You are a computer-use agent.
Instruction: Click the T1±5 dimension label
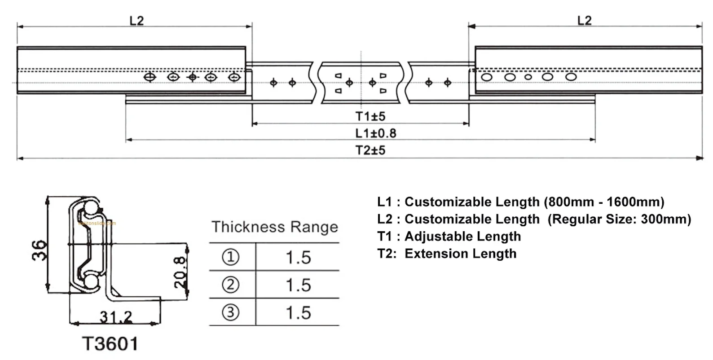[x=370, y=116]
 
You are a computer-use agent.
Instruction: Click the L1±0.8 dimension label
[x=376, y=133]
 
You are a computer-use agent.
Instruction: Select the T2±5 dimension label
[x=370, y=150]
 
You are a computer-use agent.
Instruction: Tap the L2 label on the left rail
[x=136, y=21]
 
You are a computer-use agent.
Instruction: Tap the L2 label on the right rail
[x=584, y=21]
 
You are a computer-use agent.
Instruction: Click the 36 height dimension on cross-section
[x=40, y=250]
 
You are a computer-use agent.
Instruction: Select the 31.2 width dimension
[x=116, y=318]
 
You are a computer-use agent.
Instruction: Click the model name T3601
[x=110, y=344]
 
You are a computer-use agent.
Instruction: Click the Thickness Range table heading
[x=275, y=227]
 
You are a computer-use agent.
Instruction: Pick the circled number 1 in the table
[x=231, y=257]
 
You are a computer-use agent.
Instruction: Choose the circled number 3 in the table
[x=231, y=312]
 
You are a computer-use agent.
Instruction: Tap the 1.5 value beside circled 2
[x=298, y=285]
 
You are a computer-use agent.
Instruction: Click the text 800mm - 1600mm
[x=604, y=202]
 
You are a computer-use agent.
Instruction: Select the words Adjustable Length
[x=463, y=237]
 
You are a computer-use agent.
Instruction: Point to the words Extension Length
[x=461, y=254]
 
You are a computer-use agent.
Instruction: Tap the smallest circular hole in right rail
[x=528, y=77]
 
